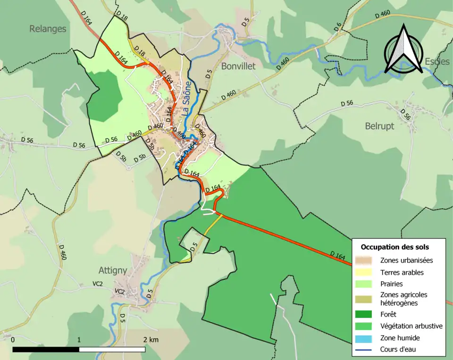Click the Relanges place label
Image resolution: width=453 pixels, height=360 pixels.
(x=48, y=29)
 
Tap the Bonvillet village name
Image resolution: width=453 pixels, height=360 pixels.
(x=238, y=66)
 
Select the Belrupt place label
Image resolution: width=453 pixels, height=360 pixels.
(x=379, y=126)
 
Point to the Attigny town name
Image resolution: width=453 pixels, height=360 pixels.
(x=113, y=270)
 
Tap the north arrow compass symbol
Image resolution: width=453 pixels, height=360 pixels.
(x=403, y=50)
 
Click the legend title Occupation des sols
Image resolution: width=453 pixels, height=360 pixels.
(x=394, y=247)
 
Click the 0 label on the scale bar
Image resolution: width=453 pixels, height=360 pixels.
(x=13, y=340)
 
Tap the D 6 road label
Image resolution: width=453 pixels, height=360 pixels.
(x=338, y=27)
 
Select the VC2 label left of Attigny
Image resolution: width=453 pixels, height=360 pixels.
(x=98, y=284)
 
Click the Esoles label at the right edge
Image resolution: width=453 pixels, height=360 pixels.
(x=437, y=61)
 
